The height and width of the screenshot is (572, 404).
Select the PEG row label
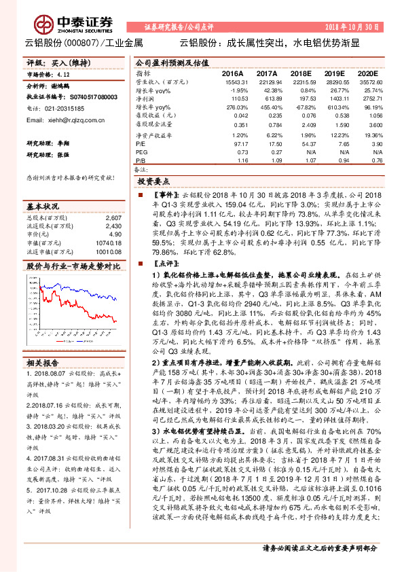142,151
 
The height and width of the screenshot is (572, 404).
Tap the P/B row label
141,160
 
